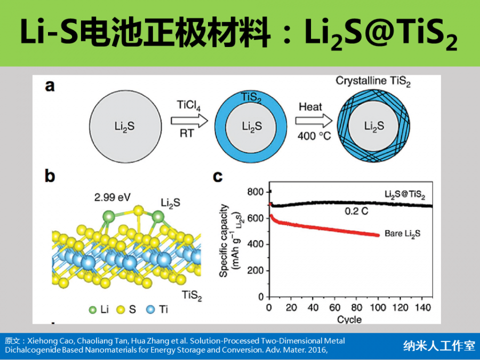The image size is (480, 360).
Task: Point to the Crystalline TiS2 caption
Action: [373, 81]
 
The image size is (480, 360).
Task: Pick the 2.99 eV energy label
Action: [111, 198]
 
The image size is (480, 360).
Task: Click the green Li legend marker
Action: [94, 309]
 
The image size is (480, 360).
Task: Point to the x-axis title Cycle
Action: [349, 319]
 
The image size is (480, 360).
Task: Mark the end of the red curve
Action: [378, 235]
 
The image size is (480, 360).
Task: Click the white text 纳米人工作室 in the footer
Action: [439, 346]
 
